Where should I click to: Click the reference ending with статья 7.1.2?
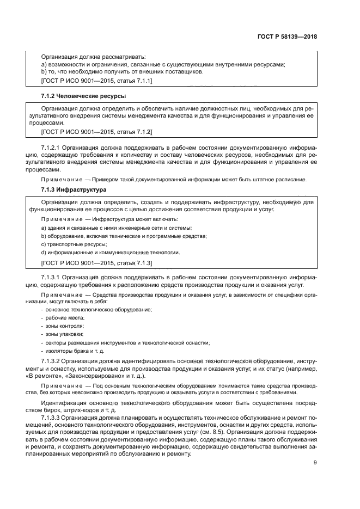pyautogui.click(x=96, y=132)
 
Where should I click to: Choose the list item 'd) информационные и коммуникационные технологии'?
pyautogui.click(x=111, y=253)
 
